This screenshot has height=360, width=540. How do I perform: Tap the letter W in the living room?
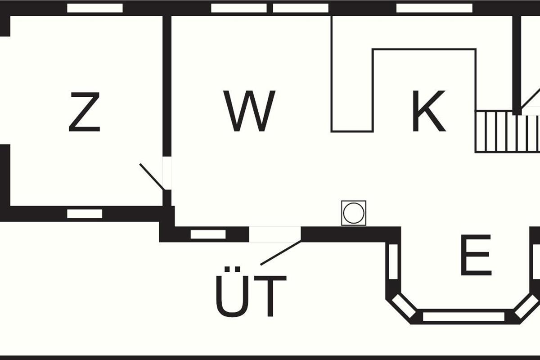click(251, 111)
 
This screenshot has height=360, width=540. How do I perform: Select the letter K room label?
click(428, 111)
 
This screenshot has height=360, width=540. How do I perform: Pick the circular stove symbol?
click(354, 213)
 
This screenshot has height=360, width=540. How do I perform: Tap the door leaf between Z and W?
click(152, 176)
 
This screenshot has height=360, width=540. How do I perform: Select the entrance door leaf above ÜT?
click(280, 252)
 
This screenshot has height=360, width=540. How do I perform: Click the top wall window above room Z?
click(95, 8)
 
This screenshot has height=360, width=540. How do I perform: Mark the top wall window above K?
click(434, 8)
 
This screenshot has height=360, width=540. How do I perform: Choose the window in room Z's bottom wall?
click(85, 214)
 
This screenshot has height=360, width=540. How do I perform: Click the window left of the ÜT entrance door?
click(208, 234)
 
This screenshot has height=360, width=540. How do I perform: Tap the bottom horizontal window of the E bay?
click(463, 317)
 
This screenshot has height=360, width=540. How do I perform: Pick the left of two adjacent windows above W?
click(238, 8)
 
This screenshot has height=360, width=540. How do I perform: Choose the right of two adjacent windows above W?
click(301, 8)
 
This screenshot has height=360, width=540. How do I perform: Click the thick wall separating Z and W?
click(167, 85)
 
